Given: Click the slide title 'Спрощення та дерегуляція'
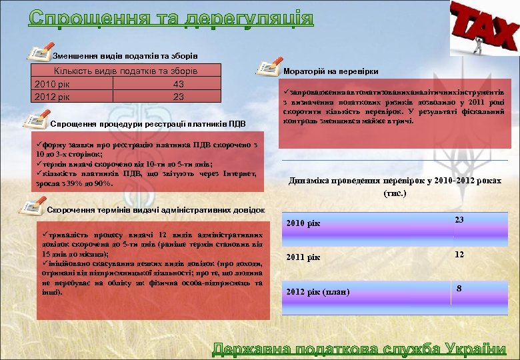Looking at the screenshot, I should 171,17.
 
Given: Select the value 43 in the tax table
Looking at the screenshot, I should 178,85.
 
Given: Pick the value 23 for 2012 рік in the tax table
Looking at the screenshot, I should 178,97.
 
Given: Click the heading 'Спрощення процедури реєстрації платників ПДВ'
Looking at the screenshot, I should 148,124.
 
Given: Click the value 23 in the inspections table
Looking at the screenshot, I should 459,220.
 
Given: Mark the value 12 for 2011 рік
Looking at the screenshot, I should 459,255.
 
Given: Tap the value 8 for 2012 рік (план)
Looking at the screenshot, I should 459,289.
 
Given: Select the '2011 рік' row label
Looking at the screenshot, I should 303,257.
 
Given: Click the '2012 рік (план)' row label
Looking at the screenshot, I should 317,292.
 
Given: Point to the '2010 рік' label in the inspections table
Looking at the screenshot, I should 303,223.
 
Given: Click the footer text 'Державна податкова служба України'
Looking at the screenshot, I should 359,349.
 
